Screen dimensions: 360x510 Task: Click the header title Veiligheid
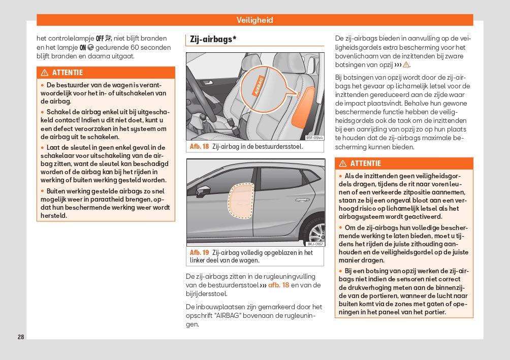254,20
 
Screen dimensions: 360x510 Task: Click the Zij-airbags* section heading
213,39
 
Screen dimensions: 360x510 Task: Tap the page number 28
21,337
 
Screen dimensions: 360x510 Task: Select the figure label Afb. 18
199,147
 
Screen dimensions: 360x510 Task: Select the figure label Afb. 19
199,252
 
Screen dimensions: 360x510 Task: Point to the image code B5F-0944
314,138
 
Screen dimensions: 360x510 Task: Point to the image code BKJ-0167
315,244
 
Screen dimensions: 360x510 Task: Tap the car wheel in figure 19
315,233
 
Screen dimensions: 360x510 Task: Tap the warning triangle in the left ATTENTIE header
44,73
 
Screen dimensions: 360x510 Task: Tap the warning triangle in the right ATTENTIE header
342,163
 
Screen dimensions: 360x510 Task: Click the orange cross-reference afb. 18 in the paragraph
278,285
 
